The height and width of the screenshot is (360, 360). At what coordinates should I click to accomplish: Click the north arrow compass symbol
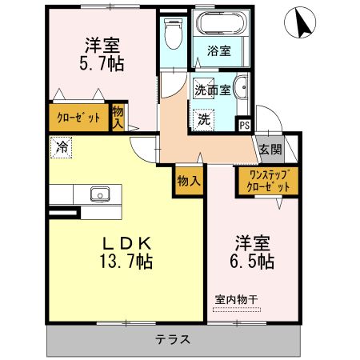coord(300,22)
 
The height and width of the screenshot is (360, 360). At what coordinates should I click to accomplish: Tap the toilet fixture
coord(174,34)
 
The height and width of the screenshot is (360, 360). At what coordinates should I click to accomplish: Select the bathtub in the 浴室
coord(219,23)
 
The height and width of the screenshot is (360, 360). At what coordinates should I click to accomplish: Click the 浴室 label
coord(219,50)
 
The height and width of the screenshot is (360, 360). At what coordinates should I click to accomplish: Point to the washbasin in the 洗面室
coord(242,87)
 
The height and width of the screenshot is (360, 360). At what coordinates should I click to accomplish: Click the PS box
coord(245,125)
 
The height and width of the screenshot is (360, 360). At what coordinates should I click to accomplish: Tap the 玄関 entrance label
coord(270,150)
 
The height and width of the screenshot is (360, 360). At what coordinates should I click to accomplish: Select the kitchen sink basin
coord(100,194)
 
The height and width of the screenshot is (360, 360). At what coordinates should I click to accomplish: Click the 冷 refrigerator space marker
coord(62,147)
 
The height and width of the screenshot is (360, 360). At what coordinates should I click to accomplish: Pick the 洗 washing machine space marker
coord(204,120)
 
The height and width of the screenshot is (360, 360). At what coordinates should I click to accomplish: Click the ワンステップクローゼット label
coord(268,181)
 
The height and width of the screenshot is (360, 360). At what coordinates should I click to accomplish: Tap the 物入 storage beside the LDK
coord(189,182)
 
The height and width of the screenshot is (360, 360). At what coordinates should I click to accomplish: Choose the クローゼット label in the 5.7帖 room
coord(78,118)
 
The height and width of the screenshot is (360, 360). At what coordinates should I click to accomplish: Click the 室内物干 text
coord(236,300)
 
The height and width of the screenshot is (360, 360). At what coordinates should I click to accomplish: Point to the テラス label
coord(173,340)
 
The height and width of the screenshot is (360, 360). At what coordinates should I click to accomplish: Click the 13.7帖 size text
coord(126,262)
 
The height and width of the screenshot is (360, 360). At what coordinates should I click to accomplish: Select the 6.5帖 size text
coord(252,262)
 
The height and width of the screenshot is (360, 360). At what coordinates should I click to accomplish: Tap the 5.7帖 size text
coord(102,64)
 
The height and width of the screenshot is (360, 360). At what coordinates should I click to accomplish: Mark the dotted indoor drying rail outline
coord(237,310)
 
